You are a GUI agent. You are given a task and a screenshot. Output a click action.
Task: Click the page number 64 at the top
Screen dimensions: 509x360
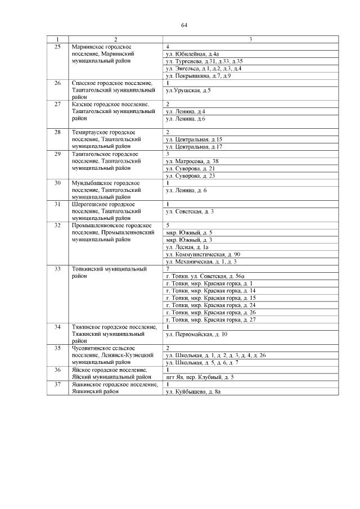pyautogui.click(x=184, y=25)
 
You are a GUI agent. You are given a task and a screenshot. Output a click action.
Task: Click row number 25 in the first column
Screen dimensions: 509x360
pyautogui.click(x=57, y=46)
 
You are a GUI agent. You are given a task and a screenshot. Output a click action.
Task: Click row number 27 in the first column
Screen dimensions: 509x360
pyautogui.click(x=57, y=105)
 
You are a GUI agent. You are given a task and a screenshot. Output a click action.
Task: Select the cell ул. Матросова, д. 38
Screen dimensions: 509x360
pyautogui.click(x=192, y=161)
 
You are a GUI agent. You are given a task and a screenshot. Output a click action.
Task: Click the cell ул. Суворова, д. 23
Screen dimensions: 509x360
pyautogui.click(x=191, y=176)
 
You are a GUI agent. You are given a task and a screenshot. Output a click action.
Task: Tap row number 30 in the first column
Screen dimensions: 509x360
pyautogui.click(x=57, y=183)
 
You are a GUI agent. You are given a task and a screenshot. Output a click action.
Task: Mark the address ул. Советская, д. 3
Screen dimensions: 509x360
pyautogui.click(x=190, y=211)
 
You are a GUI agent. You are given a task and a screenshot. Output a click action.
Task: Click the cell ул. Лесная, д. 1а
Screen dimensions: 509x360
pyautogui.click(x=187, y=247)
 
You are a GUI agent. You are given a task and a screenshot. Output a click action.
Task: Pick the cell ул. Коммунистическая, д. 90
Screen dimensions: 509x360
pyautogui.click(x=203, y=254)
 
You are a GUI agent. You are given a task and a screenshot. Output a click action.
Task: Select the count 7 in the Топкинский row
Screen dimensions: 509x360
pyautogui.click(x=168, y=269)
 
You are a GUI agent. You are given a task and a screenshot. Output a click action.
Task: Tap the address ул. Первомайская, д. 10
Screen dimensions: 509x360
pyautogui.click(x=196, y=334)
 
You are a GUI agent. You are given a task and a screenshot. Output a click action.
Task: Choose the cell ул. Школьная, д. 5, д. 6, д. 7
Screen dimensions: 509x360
pyautogui.click(x=202, y=363)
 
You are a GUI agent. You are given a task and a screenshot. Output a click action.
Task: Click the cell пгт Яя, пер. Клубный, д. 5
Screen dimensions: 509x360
pyautogui.click(x=200, y=377)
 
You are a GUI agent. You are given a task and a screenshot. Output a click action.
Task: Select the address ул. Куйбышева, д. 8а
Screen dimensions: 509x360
pyautogui.click(x=192, y=391)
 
